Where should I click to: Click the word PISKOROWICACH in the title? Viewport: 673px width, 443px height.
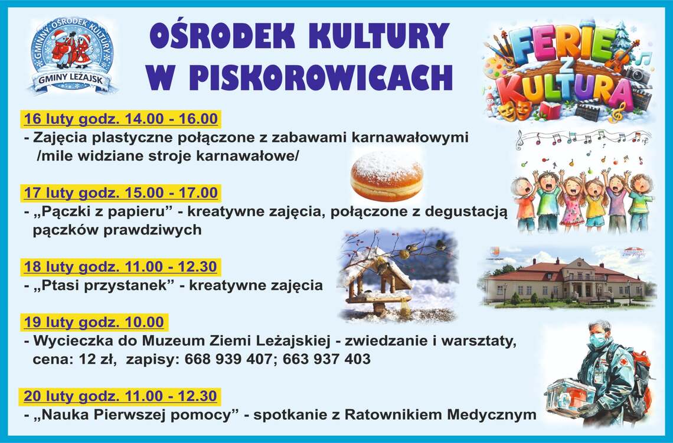tap(320, 77)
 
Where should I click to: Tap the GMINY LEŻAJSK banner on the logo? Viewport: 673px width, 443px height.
tap(72, 80)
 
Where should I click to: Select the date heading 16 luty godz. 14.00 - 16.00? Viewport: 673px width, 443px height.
tap(120, 119)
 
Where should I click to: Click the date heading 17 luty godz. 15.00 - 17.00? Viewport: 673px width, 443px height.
tap(120, 193)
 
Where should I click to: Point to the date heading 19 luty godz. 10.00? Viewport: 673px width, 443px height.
tap(94, 322)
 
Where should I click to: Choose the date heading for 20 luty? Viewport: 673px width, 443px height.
tap(120, 396)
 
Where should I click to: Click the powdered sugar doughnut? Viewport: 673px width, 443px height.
tap(387, 177)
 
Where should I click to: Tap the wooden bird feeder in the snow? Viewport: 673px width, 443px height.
tap(379, 281)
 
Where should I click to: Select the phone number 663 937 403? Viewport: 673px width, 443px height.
tap(326, 359)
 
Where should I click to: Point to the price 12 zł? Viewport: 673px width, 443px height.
tap(97, 359)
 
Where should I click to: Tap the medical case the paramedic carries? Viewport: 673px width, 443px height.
tap(570, 398)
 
